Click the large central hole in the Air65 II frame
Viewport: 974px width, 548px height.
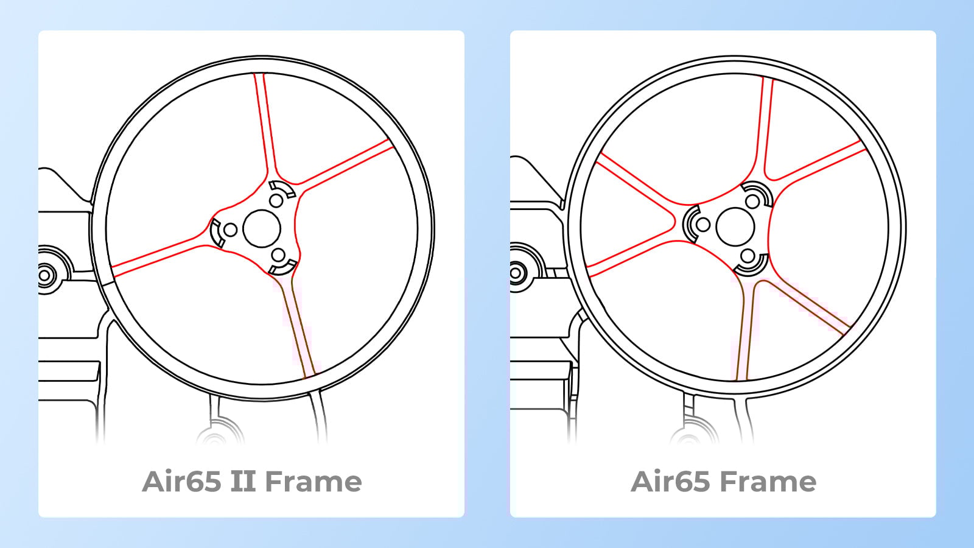[262, 229]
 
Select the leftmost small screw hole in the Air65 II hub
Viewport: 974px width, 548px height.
[231, 230]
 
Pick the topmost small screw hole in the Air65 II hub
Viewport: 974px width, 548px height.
[276, 200]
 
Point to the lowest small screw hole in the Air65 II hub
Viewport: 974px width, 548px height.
[278, 254]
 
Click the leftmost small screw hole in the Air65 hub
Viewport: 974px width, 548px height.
[703, 225]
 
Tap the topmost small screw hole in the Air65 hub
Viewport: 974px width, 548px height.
[752, 201]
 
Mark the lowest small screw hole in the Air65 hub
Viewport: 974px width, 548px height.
[748, 256]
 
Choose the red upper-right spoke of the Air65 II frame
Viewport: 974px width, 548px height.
[347, 164]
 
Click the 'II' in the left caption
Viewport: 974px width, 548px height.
[243, 482]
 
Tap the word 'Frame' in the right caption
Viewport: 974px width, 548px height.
[769, 482]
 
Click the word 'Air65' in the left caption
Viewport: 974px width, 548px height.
[181, 482]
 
